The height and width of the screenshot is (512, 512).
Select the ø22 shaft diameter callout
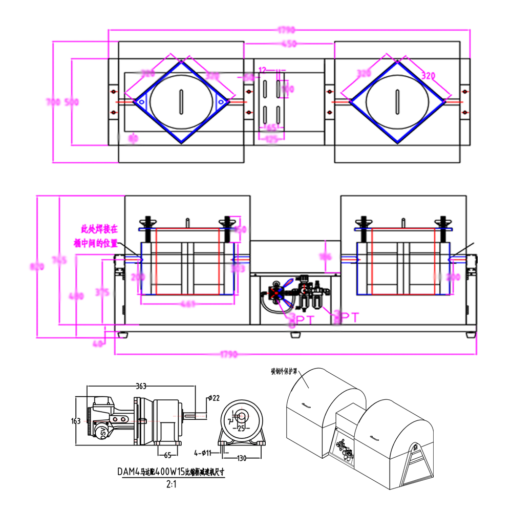pyautogui.click(x=215, y=398)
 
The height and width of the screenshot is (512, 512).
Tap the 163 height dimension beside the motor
pyautogui.click(x=76, y=421)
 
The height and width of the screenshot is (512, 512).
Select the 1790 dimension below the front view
pyautogui.click(x=295, y=354)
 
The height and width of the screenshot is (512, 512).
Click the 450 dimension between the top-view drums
pyautogui.click(x=289, y=44)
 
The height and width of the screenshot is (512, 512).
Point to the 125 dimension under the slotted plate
pyautogui.click(x=271, y=139)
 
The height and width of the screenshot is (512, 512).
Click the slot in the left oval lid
pyautogui.click(x=181, y=101)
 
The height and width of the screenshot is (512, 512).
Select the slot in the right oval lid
pyautogui.click(x=397, y=101)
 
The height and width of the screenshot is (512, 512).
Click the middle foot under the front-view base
pyautogui.click(x=295, y=335)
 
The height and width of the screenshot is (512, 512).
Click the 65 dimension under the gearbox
pyautogui.click(x=167, y=454)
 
